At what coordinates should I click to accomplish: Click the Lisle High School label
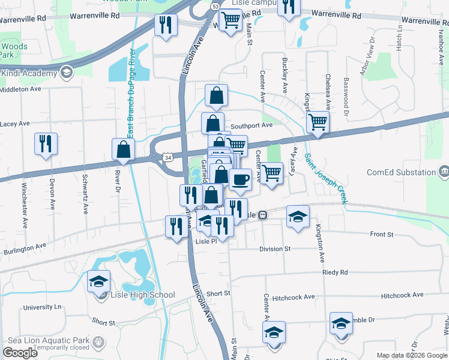coord(142,295)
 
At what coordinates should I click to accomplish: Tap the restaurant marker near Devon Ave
coord(46,145)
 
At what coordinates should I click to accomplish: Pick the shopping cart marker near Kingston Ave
coord(318,122)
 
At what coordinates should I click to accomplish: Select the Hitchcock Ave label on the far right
coord(402,295)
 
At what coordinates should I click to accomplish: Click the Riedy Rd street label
coord(335,272)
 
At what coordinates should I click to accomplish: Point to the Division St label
coord(275,248)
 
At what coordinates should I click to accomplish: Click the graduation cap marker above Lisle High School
coord(99,281)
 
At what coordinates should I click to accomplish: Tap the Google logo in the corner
coord(20,353)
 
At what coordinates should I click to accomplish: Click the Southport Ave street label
coord(252,126)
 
